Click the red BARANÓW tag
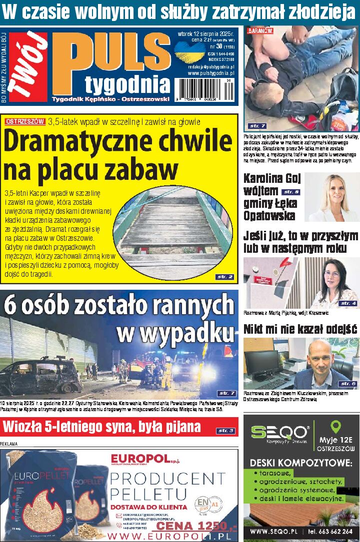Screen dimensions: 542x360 (x=260, y=30)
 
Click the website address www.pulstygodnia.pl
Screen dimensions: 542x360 (x=211, y=73)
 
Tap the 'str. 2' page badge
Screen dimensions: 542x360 (x=224, y=276)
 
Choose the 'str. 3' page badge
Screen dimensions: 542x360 (x=225, y=431)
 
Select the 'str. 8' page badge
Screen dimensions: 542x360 (x=290, y=192)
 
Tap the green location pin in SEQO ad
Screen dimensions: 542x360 (x=336, y=427)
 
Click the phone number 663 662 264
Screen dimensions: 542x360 (x=334, y=532)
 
